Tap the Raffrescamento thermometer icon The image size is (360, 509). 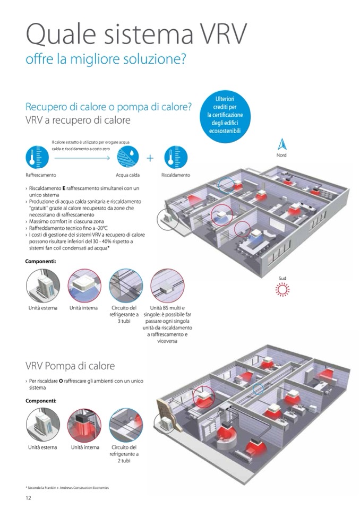(37, 157)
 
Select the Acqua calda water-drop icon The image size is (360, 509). (127, 157)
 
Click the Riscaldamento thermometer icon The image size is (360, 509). (176, 157)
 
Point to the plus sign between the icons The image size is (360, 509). (150, 158)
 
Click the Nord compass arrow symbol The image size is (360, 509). (281, 144)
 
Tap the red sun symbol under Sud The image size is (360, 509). (281, 289)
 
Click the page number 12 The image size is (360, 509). (29, 497)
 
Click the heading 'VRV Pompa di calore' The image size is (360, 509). (70, 366)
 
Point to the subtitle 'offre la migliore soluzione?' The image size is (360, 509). (106, 59)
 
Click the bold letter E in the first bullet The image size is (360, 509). (64, 188)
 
